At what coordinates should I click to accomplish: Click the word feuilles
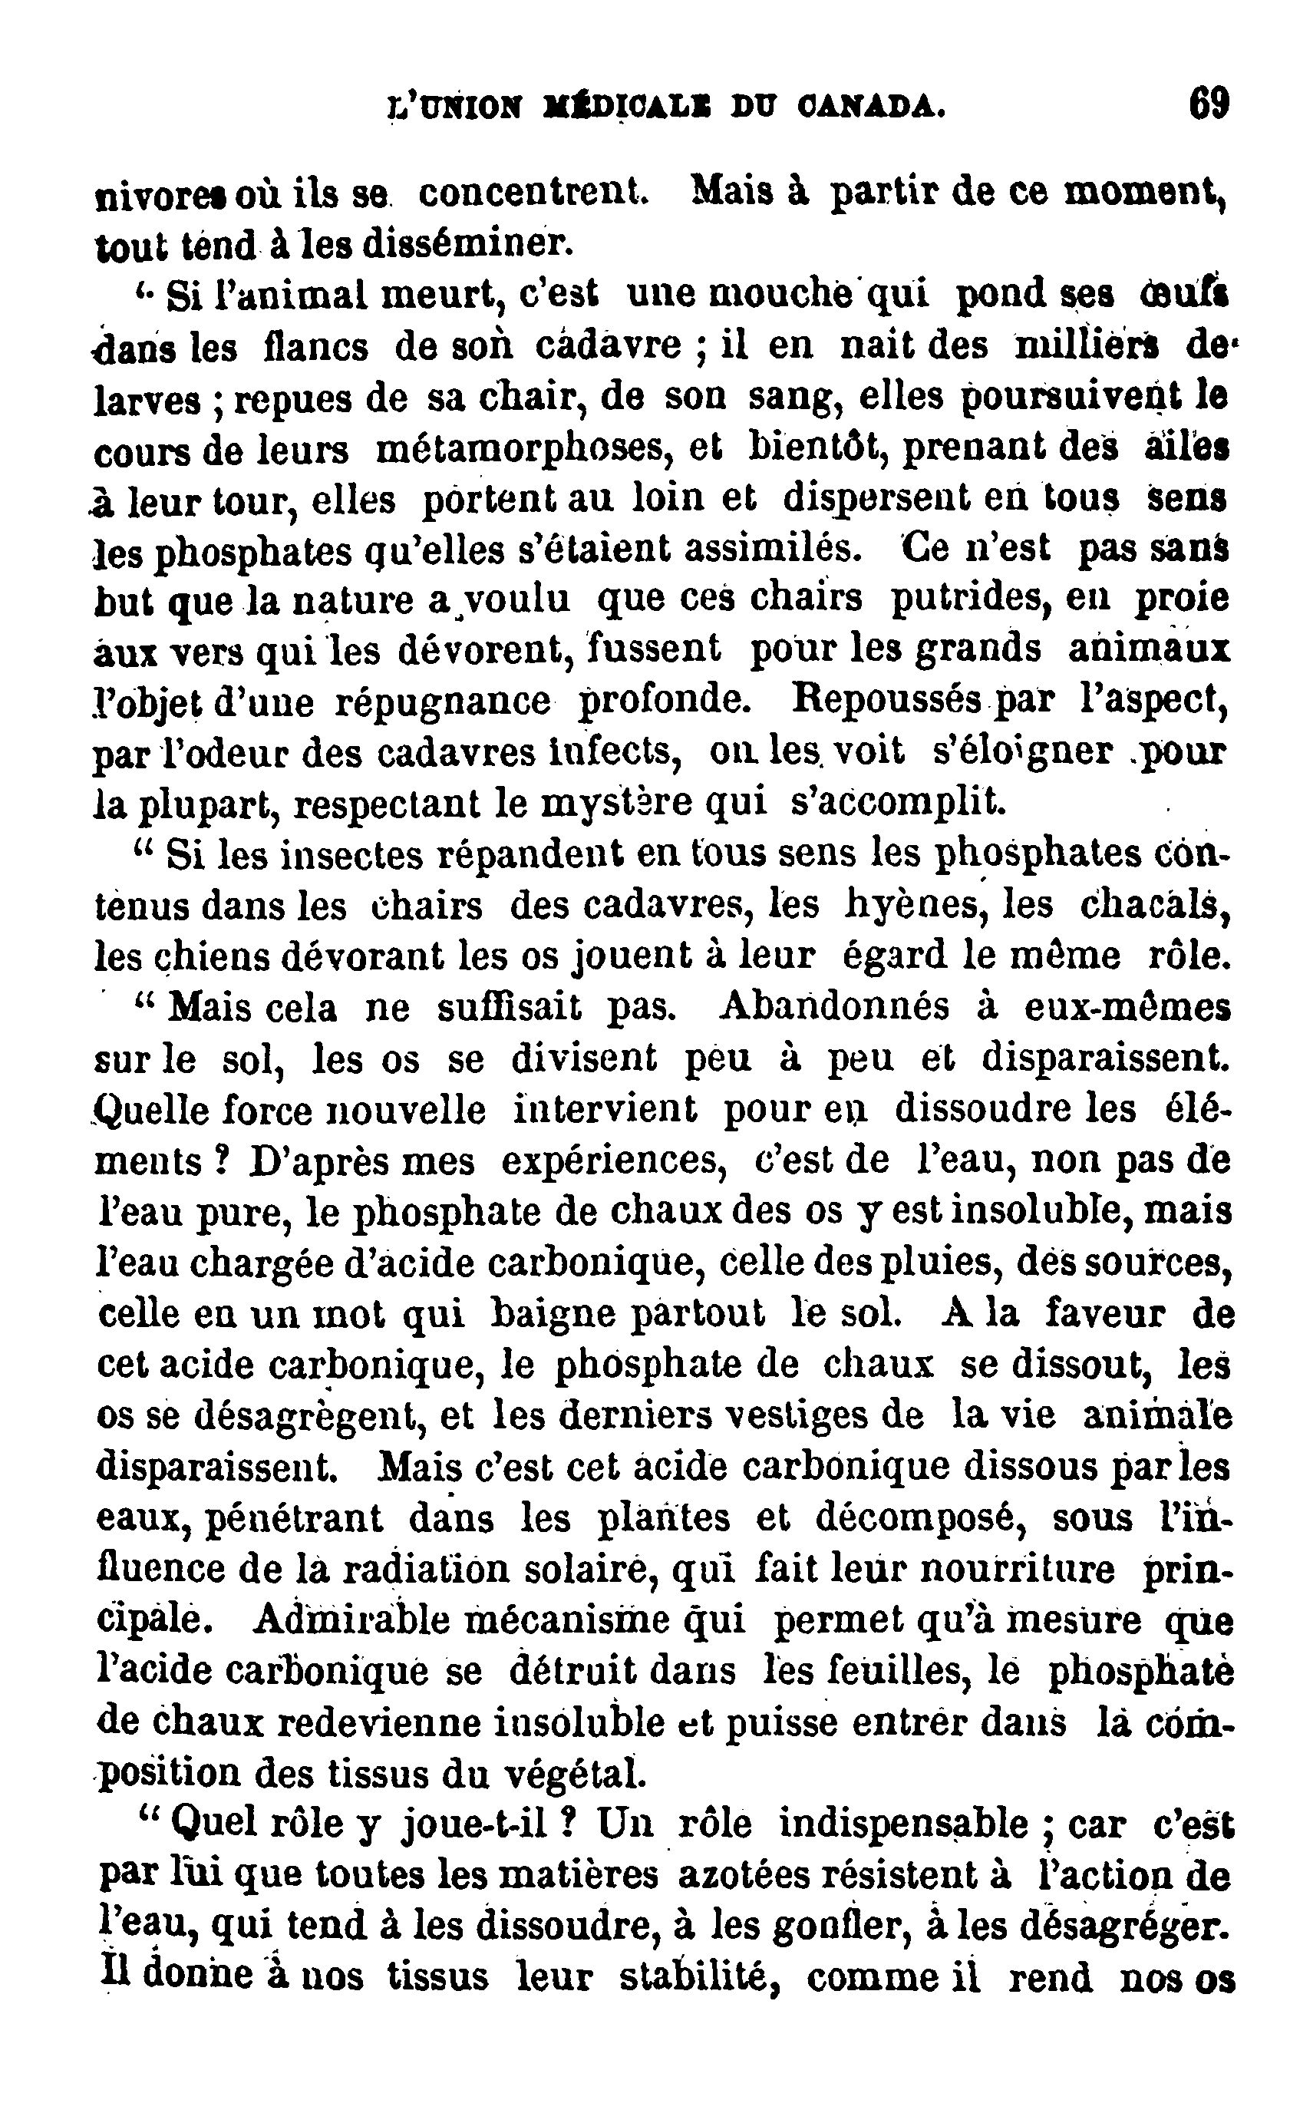coord(882,1671)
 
